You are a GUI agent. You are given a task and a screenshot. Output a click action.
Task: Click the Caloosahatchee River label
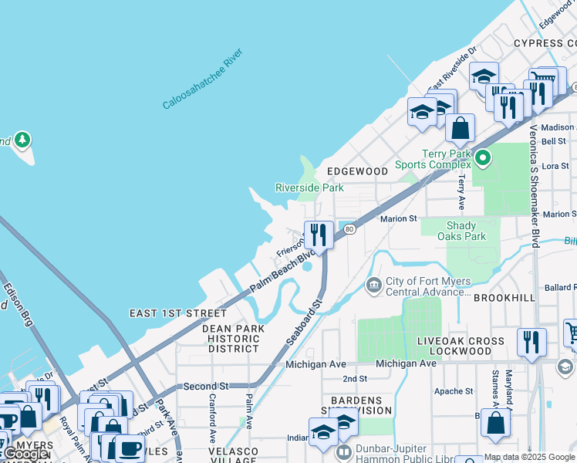tap(203, 79)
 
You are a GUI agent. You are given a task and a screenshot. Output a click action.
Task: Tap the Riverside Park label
tap(309, 188)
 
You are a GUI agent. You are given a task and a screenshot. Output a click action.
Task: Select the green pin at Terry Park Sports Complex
tap(483, 159)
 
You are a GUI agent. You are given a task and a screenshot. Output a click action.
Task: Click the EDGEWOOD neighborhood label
tap(356, 171)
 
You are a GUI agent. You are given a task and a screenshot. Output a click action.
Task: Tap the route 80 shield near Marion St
tap(349, 228)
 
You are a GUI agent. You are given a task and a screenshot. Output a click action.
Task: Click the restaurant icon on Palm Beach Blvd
tap(318, 235)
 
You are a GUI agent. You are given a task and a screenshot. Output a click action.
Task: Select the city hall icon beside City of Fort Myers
tap(374, 286)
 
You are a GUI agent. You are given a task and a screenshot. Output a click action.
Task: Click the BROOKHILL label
tap(504, 297)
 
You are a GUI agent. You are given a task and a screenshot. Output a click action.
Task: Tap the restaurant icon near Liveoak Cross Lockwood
tap(531, 341)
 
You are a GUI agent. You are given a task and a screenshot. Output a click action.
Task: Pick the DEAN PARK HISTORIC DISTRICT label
tap(233, 339)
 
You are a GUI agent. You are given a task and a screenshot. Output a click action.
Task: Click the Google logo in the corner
tap(25, 455)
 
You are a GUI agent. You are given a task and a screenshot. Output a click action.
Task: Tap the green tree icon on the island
tap(23, 140)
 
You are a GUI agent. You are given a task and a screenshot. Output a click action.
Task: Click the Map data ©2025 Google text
tap(529, 457)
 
